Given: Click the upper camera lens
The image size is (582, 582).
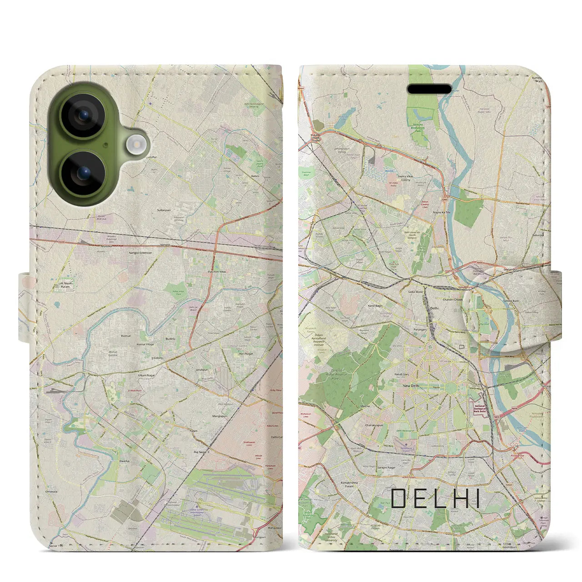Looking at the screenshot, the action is pyautogui.click(x=83, y=115).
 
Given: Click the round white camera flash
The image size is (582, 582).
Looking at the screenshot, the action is pyautogui.click(x=134, y=145).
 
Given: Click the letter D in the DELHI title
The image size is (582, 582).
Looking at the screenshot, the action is pyautogui.click(x=398, y=499).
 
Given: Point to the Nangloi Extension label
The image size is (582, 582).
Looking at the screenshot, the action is pyautogui.click(x=140, y=252).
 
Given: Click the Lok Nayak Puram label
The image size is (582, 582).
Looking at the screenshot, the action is pyautogui.click(x=65, y=285).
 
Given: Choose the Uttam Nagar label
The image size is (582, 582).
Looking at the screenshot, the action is pyautogui.click(x=146, y=376).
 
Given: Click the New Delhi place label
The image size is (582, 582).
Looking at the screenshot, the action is pyautogui.click(x=411, y=386).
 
